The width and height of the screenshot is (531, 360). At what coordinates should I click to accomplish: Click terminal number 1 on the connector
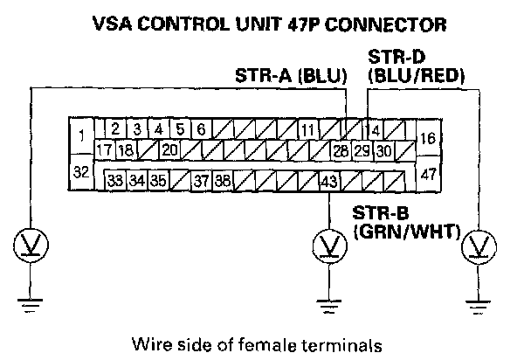click(x=80, y=135)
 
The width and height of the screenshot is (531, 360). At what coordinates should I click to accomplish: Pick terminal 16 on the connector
click(x=428, y=137)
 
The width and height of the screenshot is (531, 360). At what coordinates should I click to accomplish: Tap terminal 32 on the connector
click(x=80, y=172)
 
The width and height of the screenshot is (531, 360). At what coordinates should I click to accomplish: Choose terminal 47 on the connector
click(x=428, y=174)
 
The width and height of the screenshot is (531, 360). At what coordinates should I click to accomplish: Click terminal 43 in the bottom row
click(x=328, y=182)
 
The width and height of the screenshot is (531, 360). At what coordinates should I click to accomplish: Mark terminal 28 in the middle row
click(x=341, y=150)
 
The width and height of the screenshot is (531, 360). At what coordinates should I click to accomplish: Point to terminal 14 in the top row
click(x=374, y=131)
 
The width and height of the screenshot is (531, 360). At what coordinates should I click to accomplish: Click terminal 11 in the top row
click(x=307, y=131)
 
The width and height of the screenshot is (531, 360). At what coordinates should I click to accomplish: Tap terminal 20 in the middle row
click(x=170, y=150)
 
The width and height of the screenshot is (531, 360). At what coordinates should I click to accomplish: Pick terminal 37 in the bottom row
click(x=201, y=182)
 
